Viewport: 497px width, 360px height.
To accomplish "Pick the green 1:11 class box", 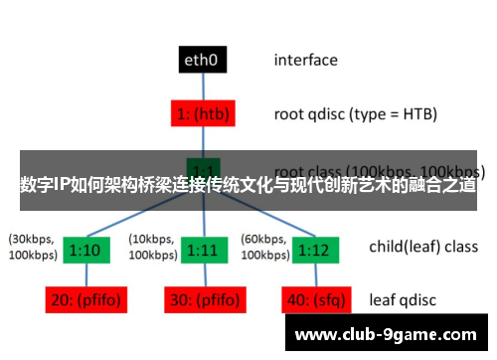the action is point(203,249).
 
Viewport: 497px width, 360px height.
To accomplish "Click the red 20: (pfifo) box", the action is point(86,299).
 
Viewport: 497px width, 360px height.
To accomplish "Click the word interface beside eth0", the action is point(305,61).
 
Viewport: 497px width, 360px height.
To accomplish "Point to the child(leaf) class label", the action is point(422,247).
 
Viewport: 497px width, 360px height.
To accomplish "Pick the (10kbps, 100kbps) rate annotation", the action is point(153,248).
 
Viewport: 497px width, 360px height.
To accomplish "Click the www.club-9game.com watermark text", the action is point(389,334).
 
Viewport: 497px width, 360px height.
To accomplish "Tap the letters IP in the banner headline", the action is point(63,184).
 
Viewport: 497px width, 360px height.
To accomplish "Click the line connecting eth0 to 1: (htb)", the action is point(203,87).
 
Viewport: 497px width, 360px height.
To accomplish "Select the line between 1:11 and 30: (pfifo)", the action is point(203,274).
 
